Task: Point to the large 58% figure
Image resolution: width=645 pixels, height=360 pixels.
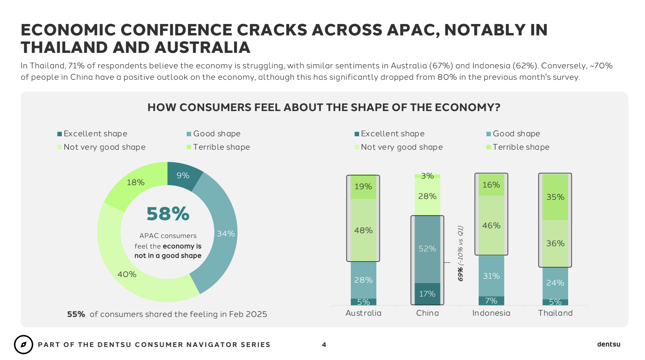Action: (x=168, y=214)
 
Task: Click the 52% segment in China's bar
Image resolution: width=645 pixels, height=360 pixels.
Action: (x=427, y=249)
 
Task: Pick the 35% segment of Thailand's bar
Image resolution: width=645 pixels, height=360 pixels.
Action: (x=555, y=197)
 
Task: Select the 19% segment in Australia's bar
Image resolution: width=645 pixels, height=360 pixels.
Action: (x=363, y=187)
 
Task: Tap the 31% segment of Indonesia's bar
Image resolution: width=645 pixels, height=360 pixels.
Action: (x=491, y=276)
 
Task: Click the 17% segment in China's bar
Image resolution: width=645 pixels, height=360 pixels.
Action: (x=427, y=294)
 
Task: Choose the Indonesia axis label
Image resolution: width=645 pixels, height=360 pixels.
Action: (x=491, y=313)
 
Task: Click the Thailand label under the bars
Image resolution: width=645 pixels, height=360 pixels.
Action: (x=555, y=313)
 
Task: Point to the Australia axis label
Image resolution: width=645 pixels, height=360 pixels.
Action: (x=363, y=313)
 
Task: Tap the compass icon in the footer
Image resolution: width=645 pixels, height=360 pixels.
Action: (x=24, y=345)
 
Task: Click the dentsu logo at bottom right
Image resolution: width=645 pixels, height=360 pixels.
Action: (x=608, y=345)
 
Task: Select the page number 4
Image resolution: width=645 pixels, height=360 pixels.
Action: (x=324, y=345)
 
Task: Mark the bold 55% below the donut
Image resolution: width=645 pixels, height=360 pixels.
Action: (x=76, y=314)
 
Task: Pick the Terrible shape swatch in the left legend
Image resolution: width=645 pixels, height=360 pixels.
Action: (x=189, y=147)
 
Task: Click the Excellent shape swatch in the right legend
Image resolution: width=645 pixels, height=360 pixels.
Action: (x=357, y=134)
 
